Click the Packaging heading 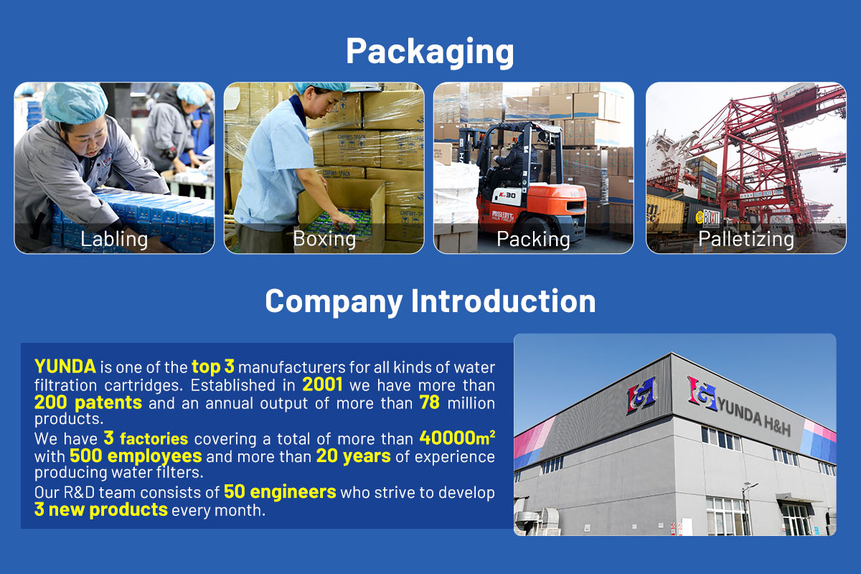coord(430,52)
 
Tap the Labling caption coord(114,239)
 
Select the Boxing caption coord(324,239)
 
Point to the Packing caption coord(534,239)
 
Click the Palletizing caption coord(746,239)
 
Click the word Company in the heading coord(334,302)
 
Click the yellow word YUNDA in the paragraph coord(65,366)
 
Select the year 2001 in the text coord(322,385)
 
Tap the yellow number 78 coord(429,403)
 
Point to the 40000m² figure coord(458,438)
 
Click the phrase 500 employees coord(136,456)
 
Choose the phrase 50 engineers coord(280,491)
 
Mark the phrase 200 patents coord(88,403)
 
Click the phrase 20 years coord(353,456)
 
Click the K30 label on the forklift coord(507,195)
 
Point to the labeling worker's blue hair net coord(75,103)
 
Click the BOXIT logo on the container coord(707,218)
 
